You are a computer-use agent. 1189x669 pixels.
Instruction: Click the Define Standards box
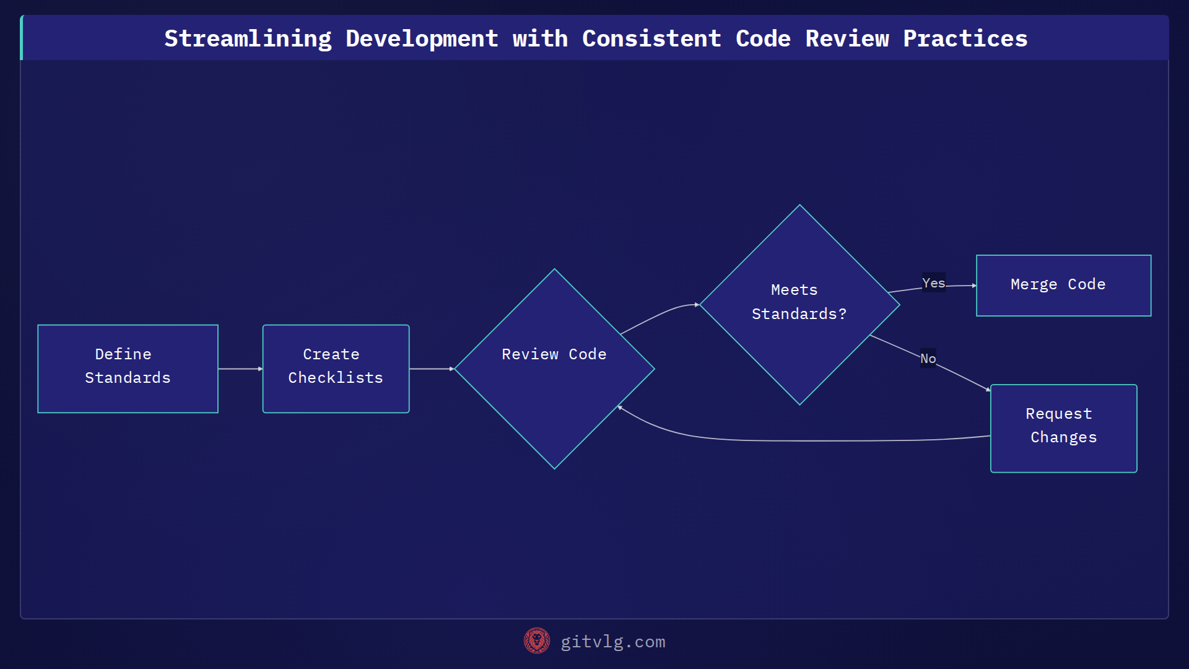[128, 369]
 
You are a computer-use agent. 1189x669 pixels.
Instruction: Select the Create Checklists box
[336, 369]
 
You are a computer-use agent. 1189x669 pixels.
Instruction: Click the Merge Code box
[1063, 286]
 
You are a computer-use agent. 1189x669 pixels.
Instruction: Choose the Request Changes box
[1063, 428]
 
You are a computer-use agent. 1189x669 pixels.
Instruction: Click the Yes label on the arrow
[933, 283]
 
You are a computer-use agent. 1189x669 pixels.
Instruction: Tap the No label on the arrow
[928, 358]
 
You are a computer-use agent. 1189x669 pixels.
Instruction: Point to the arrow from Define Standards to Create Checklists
[240, 369]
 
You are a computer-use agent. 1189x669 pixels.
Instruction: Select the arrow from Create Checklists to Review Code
[432, 369]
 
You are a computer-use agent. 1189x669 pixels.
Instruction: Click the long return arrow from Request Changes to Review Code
[805, 441]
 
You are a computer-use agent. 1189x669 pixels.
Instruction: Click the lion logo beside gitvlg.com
[536, 641]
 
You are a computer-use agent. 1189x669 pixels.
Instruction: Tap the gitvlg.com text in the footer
[613, 642]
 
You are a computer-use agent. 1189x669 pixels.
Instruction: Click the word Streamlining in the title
[248, 38]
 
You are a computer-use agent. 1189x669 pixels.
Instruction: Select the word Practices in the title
[965, 38]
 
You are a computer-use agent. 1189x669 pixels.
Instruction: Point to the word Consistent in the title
[651, 38]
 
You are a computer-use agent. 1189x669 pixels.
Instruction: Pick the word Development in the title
[422, 38]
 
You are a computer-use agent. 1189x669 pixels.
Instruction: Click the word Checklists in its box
[336, 378]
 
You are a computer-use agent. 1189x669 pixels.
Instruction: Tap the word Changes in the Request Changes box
[1063, 437]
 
